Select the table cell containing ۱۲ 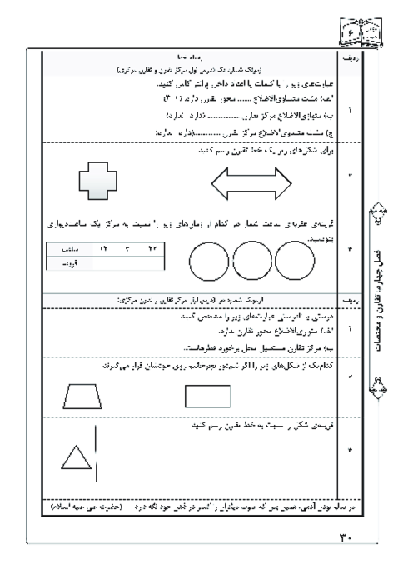point(105,248)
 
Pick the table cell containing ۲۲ point(152,248)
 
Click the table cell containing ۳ point(128,248)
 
